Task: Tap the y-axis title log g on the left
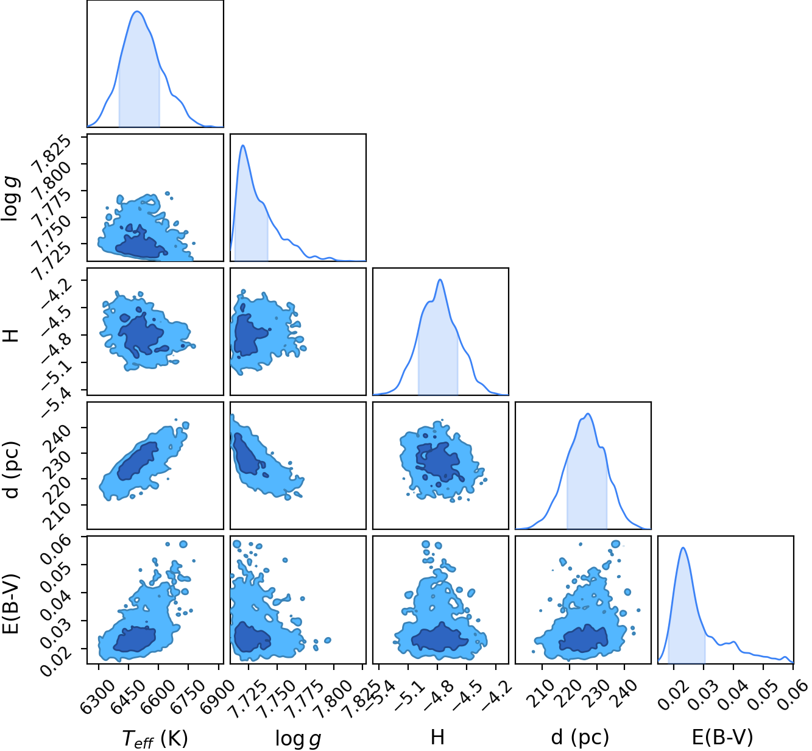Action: (11, 199)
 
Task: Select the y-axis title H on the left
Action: (11, 336)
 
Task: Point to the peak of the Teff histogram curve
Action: (138, 11)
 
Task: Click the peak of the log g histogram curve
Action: (243, 145)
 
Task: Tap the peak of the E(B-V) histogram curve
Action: (683, 548)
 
